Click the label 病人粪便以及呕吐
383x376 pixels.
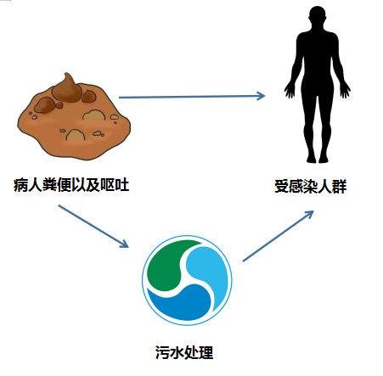[71, 185]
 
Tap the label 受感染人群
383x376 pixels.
[311, 187]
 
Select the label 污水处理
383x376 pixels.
[184, 352]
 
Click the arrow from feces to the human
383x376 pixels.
[192, 97]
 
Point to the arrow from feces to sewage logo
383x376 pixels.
[93, 226]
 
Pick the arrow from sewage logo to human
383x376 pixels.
[279, 236]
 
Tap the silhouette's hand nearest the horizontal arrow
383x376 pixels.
[290, 91]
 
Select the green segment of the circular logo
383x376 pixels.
[167, 263]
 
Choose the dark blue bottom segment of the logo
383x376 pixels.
[181, 304]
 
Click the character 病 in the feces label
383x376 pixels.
[20, 185]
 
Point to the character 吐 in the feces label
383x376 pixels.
[122, 185]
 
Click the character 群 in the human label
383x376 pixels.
[340, 187]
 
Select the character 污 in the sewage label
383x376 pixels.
[162, 353]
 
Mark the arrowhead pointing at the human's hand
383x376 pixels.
[261, 96]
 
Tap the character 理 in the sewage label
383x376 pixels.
[206, 353]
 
